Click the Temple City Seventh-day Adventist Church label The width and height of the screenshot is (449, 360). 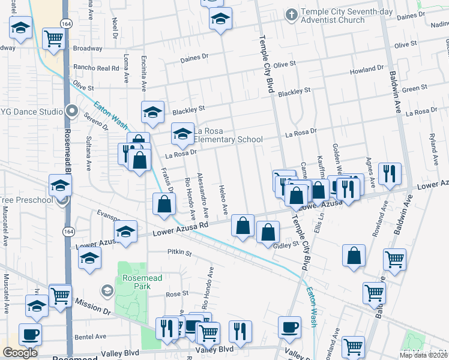tap(333, 16)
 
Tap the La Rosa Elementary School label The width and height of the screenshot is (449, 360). tap(228, 135)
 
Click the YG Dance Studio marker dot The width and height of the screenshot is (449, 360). tap(73, 112)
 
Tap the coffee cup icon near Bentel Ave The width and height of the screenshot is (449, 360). tap(30, 334)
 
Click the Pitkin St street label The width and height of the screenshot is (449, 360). tap(179, 253)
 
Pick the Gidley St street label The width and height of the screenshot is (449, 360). tap(286, 245)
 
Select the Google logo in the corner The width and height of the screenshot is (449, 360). tap(20, 353)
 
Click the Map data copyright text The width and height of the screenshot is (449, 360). tap(424, 355)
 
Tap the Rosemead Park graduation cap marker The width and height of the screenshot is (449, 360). tap(107, 292)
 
